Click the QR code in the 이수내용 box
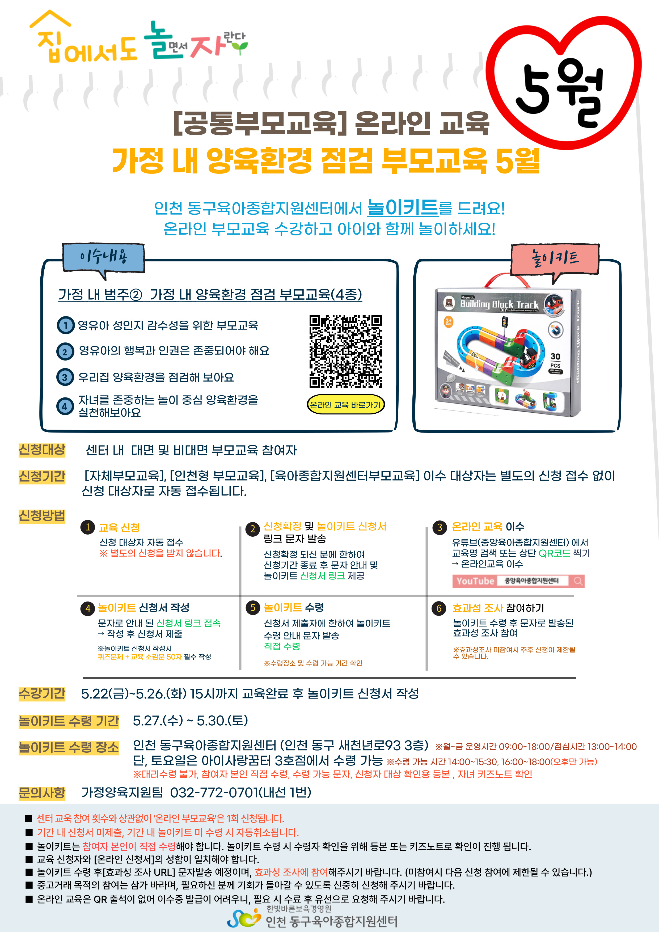(345, 351)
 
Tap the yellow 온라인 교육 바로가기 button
(345, 405)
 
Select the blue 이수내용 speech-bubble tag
(104, 258)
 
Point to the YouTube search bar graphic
(518, 581)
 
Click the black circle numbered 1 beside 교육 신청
(88, 527)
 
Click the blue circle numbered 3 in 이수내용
(65, 377)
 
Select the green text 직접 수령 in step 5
(282, 646)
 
